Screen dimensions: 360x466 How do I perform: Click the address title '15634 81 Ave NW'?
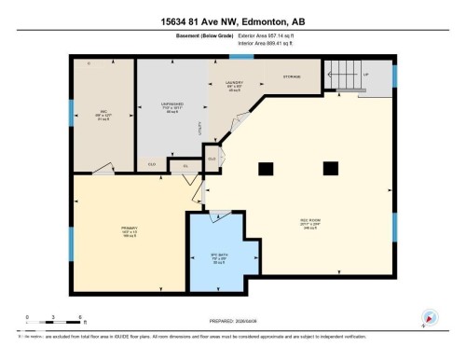point(232,21)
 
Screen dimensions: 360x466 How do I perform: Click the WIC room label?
point(104,116)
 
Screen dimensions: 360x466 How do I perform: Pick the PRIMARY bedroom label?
point(130,231)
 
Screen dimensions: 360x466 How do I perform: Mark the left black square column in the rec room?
point(266,168)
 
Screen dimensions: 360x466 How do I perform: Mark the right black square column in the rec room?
point(329,168)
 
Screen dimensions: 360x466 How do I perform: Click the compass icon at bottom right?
point(431,317)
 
